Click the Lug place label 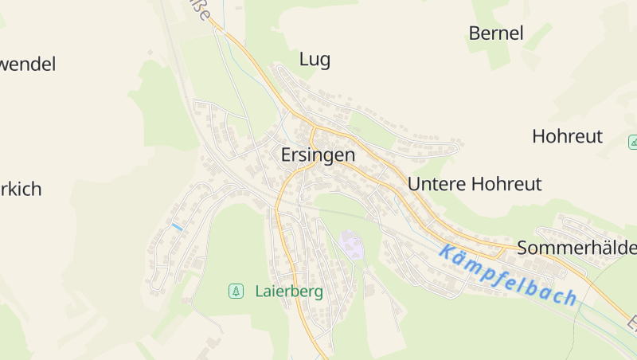point(315,59)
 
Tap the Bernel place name point(496,33)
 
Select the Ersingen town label point(318,155)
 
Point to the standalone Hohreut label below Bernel point(567,136)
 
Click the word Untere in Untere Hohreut point(436,184)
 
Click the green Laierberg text point(289,292)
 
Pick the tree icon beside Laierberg point(236,292)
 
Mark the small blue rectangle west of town point(177,227)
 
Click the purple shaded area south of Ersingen point(351,244)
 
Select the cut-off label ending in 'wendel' point(28,65)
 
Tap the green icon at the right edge point(633,143)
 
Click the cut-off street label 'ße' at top point(204,11)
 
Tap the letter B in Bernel point(475,33)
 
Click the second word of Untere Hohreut point(506,184)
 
